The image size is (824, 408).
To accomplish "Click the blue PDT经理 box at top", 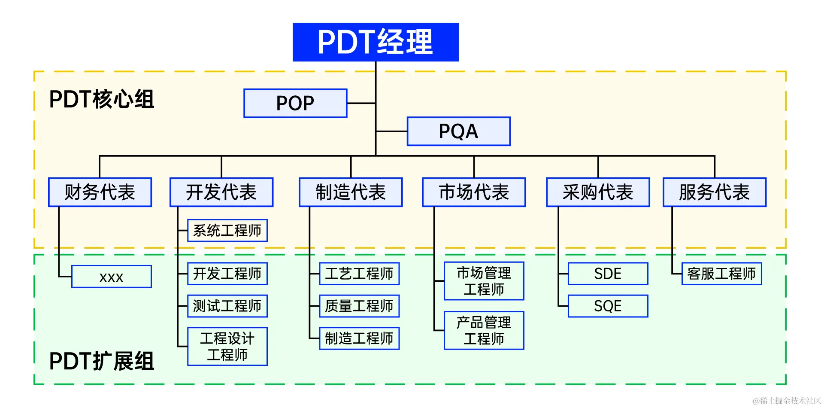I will [x=376, y=42].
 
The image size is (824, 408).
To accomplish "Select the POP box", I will [x=295, y=103].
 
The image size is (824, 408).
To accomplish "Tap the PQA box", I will [x=458, y=131].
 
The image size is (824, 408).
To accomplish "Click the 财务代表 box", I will [x=100, y=192].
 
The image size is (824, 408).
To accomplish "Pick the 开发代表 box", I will [x=221, y=192].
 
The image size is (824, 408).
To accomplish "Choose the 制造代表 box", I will [x=351, y=192].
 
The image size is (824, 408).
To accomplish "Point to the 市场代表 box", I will [x=474, y=192].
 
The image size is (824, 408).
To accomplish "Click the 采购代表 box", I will [x=598, y=192].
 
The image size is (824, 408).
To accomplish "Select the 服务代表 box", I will [x=715, y=192].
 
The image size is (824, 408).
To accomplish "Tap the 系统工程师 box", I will [x=227, y=231].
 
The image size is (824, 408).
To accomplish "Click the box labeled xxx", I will [x=112, y=277].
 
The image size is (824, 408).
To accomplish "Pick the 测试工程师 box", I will [x=227, y=306].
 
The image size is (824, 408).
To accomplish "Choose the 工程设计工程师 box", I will [x=227, y=347].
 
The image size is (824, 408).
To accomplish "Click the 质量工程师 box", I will [x=359, y=306].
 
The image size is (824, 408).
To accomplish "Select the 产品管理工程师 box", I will [x=484, y=331].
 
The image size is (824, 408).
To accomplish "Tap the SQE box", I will [x=608, y=306].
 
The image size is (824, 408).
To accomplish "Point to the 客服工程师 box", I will [x=721, y=274].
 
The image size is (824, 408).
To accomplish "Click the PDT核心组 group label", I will [x=102, y=99].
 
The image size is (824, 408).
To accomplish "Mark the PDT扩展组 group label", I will [x=102, y=361].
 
